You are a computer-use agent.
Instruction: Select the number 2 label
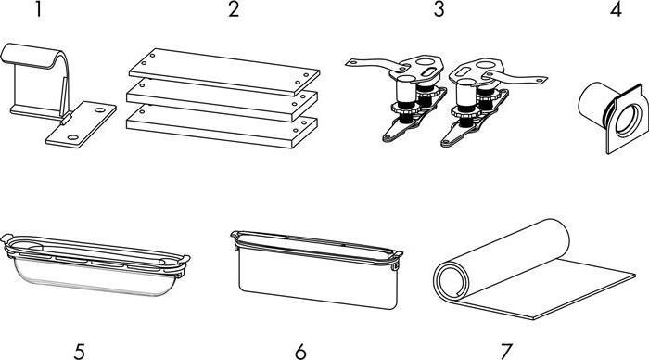(234, 10)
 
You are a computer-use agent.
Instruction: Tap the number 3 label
(439, 10)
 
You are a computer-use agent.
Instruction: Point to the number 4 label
(616, 10)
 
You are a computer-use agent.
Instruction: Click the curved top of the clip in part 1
(37, 52)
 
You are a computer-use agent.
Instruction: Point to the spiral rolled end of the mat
(454, 278)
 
